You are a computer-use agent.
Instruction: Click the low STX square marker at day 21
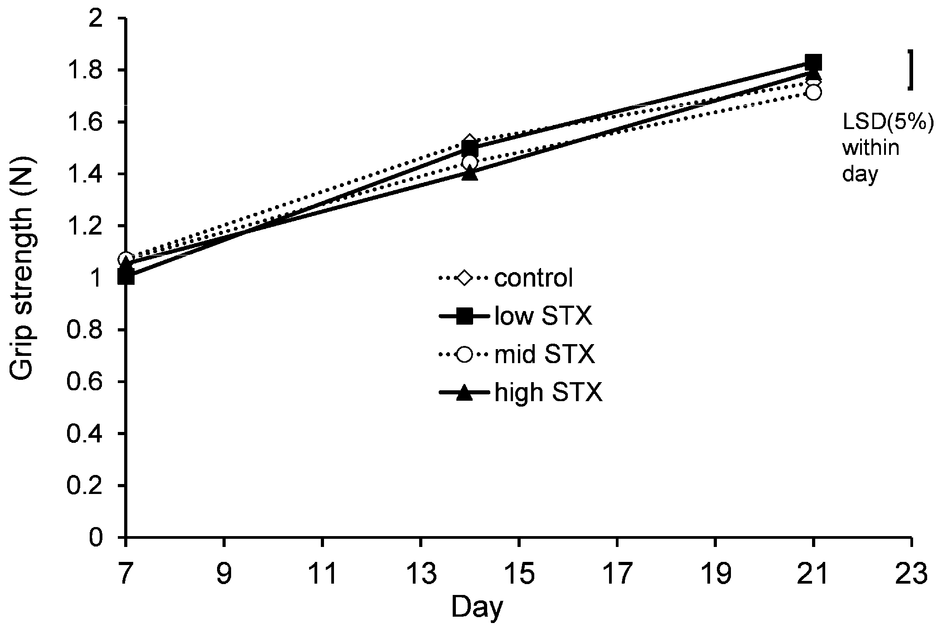813,62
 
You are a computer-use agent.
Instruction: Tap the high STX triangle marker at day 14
470,174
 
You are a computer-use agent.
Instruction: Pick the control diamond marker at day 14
470,141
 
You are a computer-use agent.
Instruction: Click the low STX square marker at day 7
126,277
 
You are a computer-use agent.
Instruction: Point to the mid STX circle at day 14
470,162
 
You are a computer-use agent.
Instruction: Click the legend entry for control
533,278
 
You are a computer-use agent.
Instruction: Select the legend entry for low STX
543,316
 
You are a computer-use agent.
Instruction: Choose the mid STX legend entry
544,355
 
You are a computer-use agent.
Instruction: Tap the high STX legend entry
548,393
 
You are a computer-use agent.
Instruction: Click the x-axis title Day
477,608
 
